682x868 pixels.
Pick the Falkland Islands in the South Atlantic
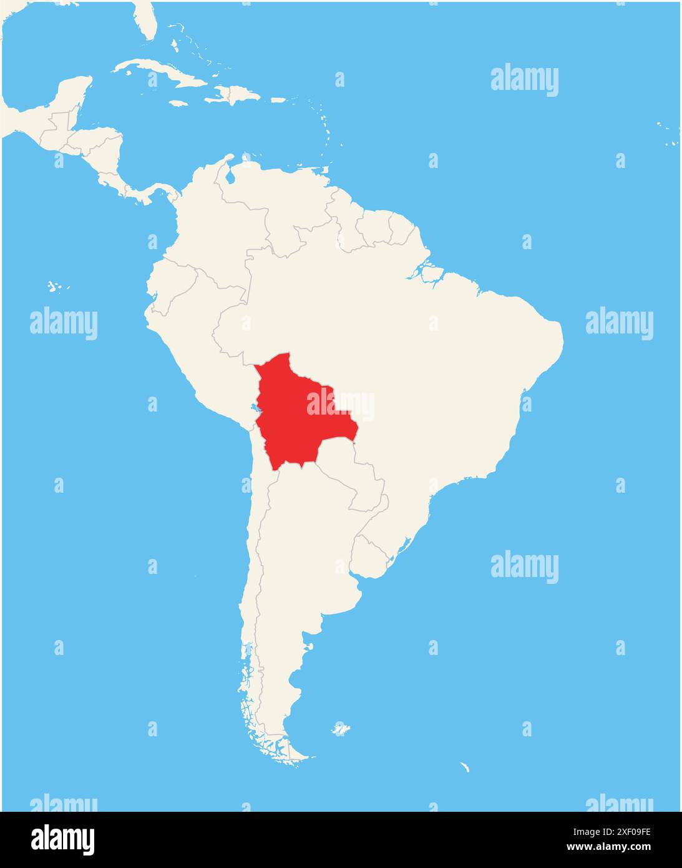340,729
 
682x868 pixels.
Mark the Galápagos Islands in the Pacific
56,287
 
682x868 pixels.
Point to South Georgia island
464,767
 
